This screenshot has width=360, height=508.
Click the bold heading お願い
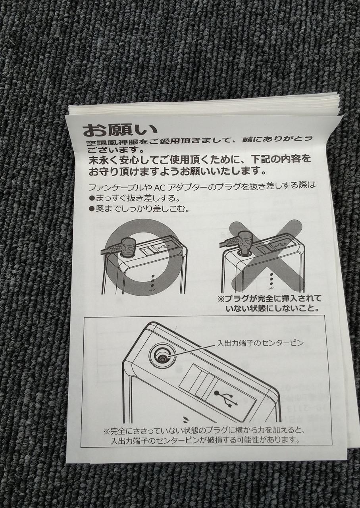point(120,130)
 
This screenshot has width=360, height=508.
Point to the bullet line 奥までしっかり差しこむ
point(139,209)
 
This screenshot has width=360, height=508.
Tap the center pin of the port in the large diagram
point(162,359)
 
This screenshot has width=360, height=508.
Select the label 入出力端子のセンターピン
point(260,343)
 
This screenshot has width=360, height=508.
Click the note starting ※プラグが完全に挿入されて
point(270,303)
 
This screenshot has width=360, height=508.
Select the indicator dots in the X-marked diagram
point(271,282)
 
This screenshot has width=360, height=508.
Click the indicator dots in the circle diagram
point(152,283)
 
